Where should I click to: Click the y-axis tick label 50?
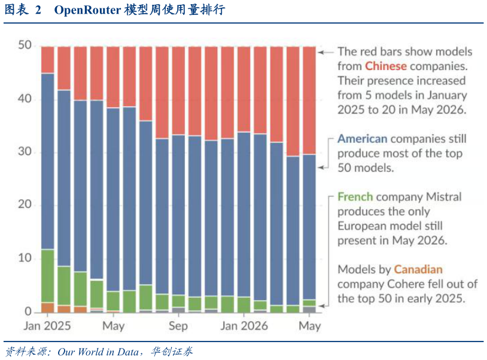click(25, 45)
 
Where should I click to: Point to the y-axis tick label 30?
click(25, 151)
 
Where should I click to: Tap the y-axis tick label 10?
click(25, 258)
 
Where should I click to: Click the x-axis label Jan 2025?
click(47, 326)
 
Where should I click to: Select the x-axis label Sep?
click(178, 326)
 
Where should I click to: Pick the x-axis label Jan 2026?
click(244, 326)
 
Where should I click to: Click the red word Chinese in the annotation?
click(386, 66)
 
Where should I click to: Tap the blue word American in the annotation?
click(363, 139)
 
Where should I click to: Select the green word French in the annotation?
click(355, 197)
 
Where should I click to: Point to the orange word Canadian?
click(418, 269)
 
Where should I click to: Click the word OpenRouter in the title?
click(87, 10)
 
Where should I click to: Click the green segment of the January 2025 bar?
click(47, 276)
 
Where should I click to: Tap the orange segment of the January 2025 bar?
click(47, 307)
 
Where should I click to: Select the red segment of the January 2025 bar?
click(47, 60)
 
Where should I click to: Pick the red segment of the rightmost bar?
click(309, 100)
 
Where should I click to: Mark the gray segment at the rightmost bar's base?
click(309, 309)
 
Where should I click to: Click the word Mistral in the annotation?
click(444, 197)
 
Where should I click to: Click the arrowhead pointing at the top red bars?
click(321, 53)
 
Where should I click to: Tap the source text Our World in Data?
click(98, 352)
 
